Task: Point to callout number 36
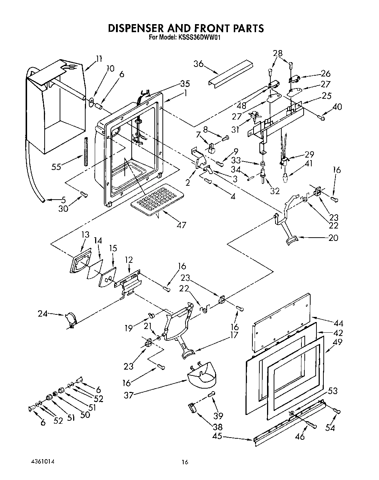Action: (199, 64)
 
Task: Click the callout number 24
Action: (43, 313)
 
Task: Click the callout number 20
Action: (333, 238)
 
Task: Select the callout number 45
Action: (217, 436)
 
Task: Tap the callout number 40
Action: (337, 107)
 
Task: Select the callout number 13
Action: (85, 234)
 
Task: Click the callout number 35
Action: (185, 83)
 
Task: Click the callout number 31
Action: (235, 129)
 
